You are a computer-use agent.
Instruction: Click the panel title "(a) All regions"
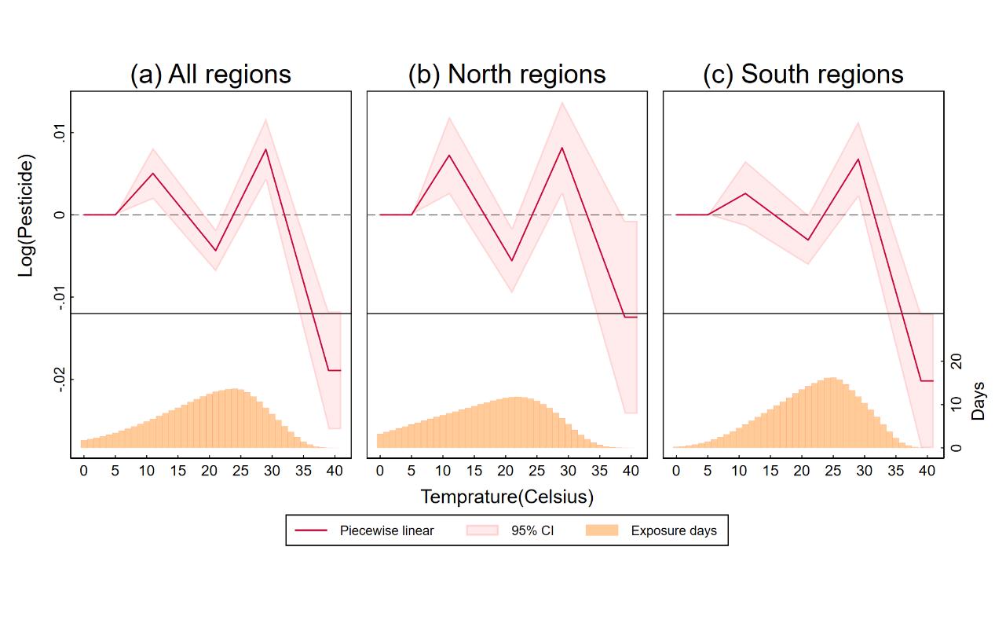click(x=210, y=74)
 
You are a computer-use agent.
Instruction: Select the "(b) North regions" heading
click(x=507, y=74)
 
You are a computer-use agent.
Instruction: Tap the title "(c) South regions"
click(x=803, y=74)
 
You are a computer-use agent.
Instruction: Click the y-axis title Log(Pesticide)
click(x=27, y=215)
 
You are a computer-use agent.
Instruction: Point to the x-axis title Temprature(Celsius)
click(x=507, y=497)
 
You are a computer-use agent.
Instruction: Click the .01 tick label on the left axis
click(x=57, y=132)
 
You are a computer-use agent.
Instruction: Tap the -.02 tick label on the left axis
click(x=57, y=380)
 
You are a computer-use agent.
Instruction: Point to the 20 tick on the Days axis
click(x=956, y=362)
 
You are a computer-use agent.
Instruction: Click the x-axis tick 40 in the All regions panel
click(x=335, y=471)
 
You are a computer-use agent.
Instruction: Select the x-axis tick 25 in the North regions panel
click(x=536, y=471)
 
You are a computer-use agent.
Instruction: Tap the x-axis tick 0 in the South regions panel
click(x=676, y=471)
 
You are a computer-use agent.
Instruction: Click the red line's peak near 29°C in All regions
click(x=266, y=149)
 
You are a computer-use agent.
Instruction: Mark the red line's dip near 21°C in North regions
click(x=512, y=261)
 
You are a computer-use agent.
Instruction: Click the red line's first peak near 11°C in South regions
click(x=745, y=193)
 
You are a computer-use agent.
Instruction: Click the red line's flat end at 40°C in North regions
click(x=631, y=317)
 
